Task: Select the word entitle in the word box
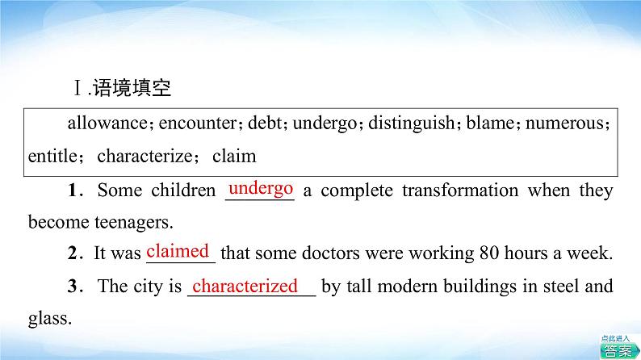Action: pos(52,156)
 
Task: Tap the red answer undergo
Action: pos(260,188)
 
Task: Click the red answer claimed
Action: pos(178,250)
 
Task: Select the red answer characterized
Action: pos(245,286)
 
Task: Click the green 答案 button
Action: pos(618,349)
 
